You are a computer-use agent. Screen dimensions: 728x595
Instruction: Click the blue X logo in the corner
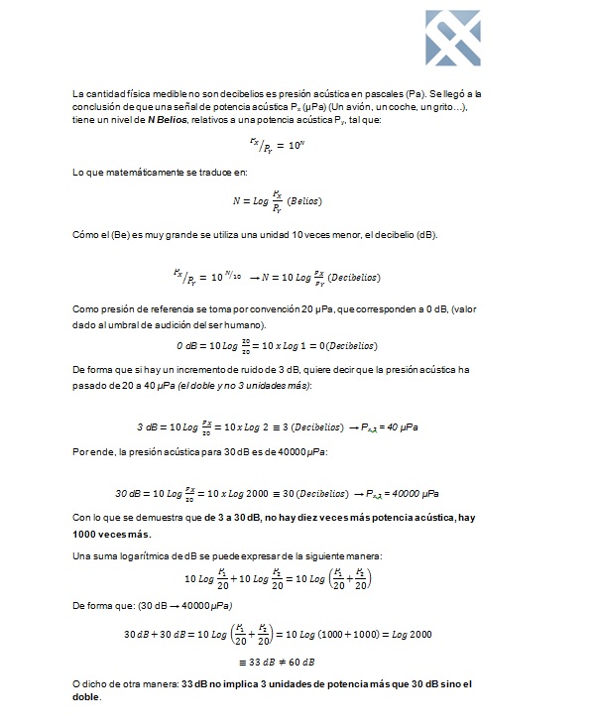click(452, 38)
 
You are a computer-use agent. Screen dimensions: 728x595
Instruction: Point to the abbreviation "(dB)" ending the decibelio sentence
click(424, 234)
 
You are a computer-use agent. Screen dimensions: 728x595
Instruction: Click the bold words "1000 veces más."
click(110, 534)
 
